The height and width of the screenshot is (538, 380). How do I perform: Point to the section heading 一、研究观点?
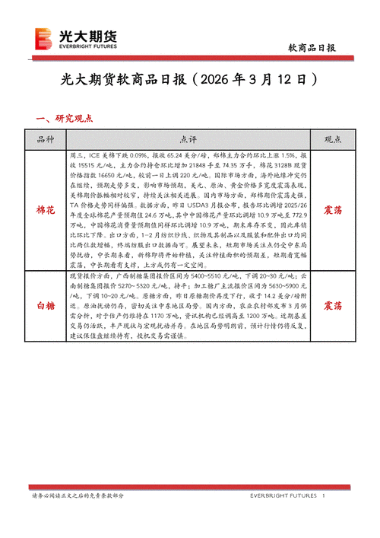click(65, 118)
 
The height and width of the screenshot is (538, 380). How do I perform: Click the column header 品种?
click(46, 139)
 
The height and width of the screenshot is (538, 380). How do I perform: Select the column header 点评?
click(188, 139)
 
